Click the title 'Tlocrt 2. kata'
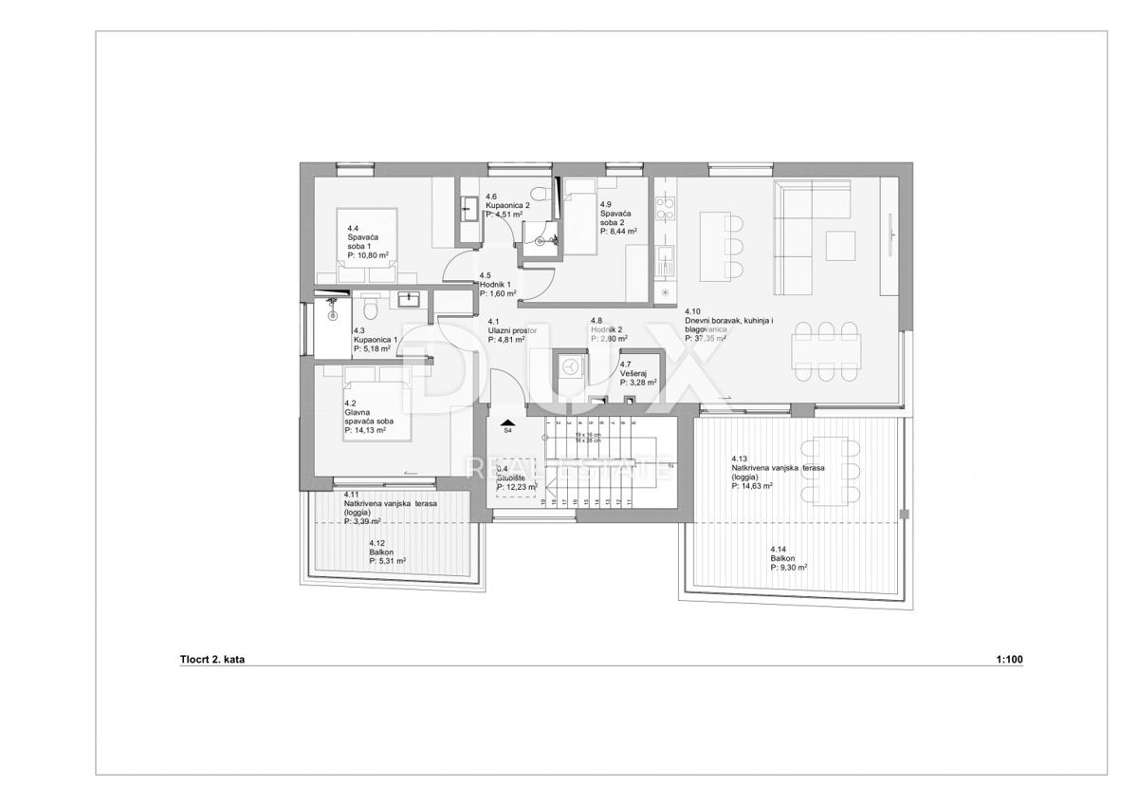(205, 658)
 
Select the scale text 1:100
(1011, 658)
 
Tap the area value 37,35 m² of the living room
(706, 338)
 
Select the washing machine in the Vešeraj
(572, 368)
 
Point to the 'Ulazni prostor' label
(512, 330)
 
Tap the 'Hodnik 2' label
(605, 330)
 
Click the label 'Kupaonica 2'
(507, 205)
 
